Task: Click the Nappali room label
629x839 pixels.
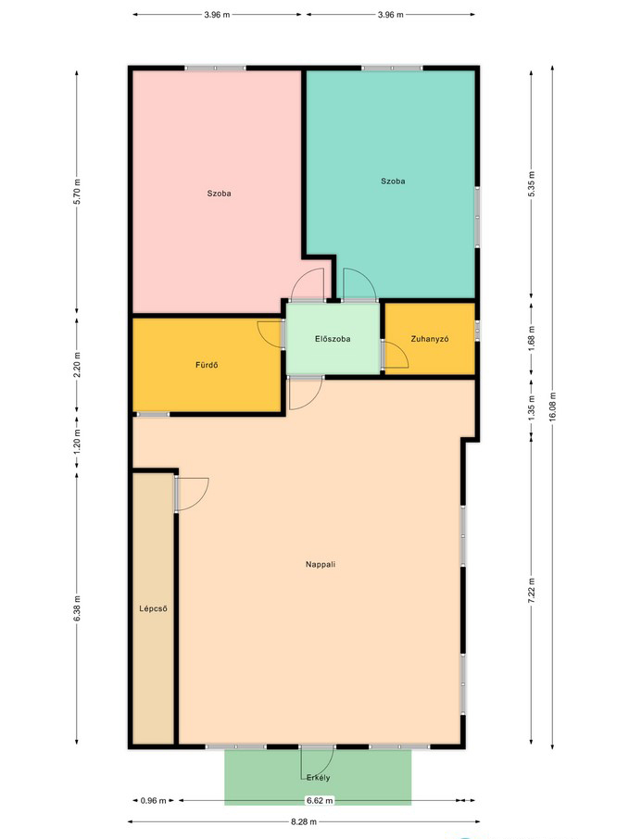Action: pos(321,564)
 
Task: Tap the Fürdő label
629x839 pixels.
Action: pos(207,366)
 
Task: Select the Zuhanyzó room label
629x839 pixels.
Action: pos(429,339)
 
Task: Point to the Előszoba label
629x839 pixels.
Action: pos(333,339)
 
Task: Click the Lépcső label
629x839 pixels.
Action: pos(153,608)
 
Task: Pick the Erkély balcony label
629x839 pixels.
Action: pos(318,778)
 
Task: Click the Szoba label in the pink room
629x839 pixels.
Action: pos(219,194)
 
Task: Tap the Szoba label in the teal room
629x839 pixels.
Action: pos(393,182)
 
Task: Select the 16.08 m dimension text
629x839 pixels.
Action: pos(552,407)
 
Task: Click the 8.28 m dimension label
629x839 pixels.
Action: pos(304,821)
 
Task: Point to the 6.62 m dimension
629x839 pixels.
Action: pos(320,800)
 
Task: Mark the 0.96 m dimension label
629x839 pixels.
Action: pos(153,800)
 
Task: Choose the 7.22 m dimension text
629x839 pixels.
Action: pos(532,591)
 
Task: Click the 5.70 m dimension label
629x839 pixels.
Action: pos(77,192)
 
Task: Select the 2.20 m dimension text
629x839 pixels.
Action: pos(77,364)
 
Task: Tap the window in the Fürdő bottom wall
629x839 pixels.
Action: pos(153,414)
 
